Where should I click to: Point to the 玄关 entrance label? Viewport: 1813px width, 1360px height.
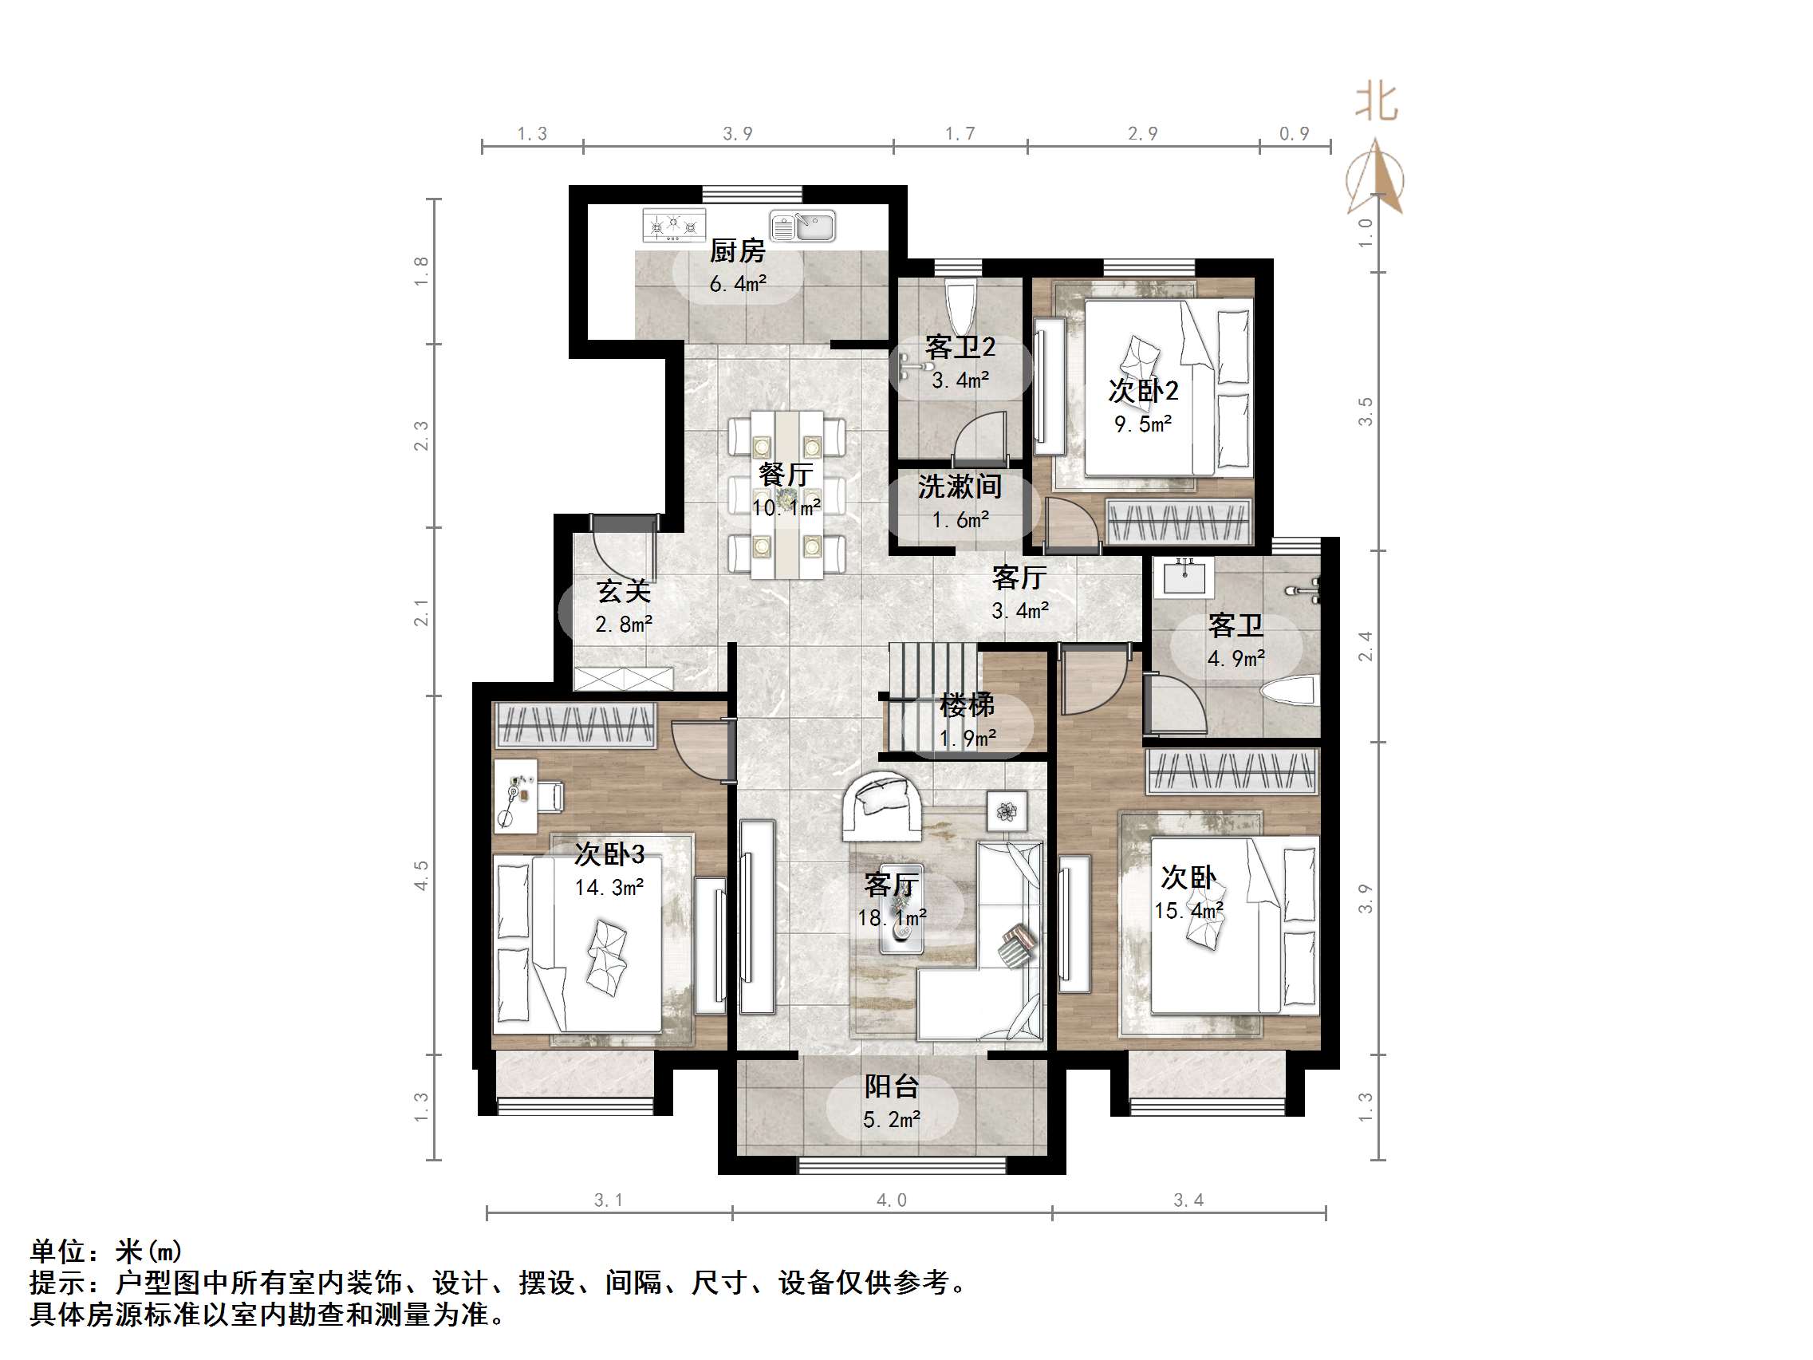point(623,590)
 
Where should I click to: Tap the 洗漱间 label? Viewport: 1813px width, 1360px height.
point(959,487)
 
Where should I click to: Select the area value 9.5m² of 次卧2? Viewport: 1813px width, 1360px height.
point(1142,424)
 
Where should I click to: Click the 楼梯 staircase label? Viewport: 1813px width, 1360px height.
point(967,704)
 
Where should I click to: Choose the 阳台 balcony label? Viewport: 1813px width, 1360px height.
point(891,1087)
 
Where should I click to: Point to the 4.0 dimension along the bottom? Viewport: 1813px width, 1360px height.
point(891,1201)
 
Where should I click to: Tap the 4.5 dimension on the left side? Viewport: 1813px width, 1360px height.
point(421,875)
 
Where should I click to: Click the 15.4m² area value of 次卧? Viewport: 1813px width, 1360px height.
point(1188,910)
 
